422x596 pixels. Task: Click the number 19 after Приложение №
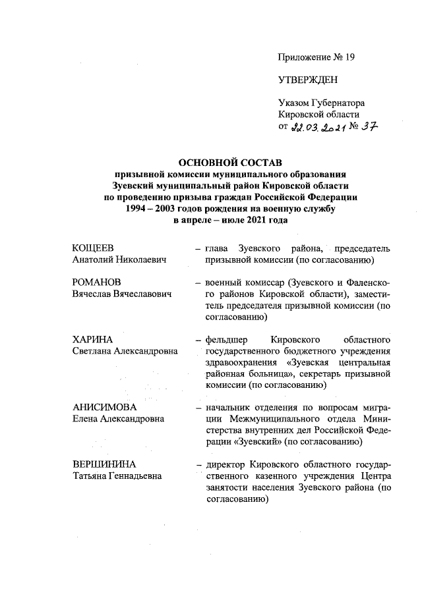349,57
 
